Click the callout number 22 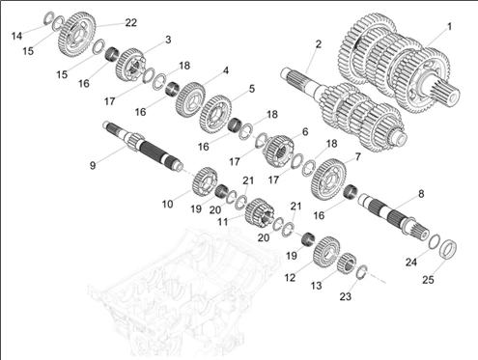(x=131, y=22)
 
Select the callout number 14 (x=16, y=36)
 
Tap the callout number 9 (x=93, y=165)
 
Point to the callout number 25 (x=428, y=280)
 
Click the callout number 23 (x=346, y=296)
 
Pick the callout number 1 (x=449, y=26)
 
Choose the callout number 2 (x=319, y=44)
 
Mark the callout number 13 (x=316, y=285)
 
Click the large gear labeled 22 (x=77, y=35)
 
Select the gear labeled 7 (x=328, y=179)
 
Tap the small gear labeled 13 (x=347, y=263)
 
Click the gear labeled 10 (x=205, y=181)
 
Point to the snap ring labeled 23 (x=362, y=271)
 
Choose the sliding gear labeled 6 (x=279, y=152)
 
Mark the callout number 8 (x=421, y=194)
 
